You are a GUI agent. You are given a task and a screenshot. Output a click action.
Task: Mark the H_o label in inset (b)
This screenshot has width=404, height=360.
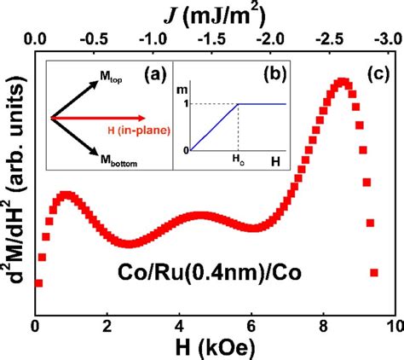pyautogui.click(x=240, y=161)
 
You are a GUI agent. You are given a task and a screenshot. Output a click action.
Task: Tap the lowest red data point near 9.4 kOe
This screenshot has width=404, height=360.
pyautogui.click(x=373, y=273)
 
